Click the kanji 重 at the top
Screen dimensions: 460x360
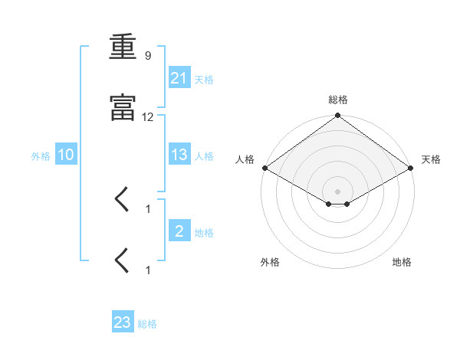tap(123, 47)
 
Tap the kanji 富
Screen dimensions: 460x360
tap(123, 107)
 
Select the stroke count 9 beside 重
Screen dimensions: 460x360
tap(148, 55)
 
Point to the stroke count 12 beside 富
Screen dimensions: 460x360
tap(147, 117)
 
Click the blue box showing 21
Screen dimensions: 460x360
tap(179, 77)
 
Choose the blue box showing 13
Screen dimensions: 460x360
tap(179, 154)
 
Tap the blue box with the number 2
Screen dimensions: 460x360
tap(179, 230)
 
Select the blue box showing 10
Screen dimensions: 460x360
tap(66, 154)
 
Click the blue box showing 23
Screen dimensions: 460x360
tap(123, 321)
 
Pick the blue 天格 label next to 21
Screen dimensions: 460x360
tap(204, 80)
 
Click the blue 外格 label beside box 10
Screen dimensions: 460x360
tap(41, 156)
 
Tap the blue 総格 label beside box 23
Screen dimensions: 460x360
tap(147, 324)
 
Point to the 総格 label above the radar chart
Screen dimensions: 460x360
tap(338, 100)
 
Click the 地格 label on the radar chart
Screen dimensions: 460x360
tap(402, 262)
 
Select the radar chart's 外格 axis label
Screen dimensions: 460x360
tap(270, 262)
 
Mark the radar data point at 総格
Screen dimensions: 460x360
tap(337, 115)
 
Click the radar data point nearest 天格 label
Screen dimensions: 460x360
tap(411, 168)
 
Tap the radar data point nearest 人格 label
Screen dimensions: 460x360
tap(265, 168)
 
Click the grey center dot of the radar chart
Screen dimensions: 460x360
tap(337, 191)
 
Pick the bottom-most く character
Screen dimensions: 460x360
tap(121, 260)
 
